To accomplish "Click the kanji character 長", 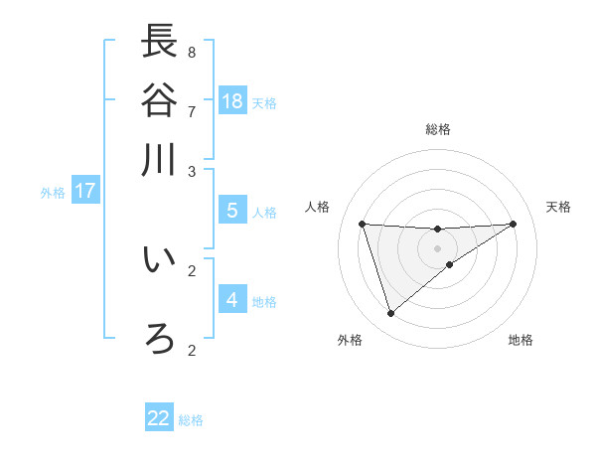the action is coord(159,41).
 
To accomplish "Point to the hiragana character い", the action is coord(159,260).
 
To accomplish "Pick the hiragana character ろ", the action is coord(159,339).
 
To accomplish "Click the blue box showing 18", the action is coord(232,100).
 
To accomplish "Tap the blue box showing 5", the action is coord(232,211).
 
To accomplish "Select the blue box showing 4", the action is coord(232,299).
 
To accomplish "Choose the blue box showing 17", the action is coord(84,191).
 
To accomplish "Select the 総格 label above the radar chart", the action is coord(438,129).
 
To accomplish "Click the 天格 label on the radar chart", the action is coord(558,207).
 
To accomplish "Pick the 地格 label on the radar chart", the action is coord(521,340).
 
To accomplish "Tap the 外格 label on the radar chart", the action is coord(350,340).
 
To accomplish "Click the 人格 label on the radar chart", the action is coord(318,207).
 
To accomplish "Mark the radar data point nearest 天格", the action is coord(513,224).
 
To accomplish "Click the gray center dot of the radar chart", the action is coord(437,246).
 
